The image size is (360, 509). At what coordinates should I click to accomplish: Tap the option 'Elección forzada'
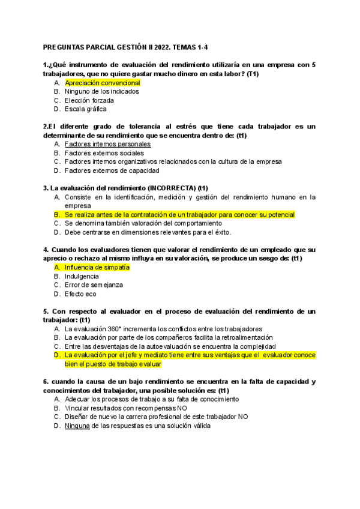tap(89, 100)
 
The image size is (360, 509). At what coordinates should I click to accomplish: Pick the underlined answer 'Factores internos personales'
tap(107, 145)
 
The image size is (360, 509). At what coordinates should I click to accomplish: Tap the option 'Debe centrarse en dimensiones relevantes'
tap(147, 232)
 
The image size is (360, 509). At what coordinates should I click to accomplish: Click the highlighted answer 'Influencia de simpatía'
tap(97, 267)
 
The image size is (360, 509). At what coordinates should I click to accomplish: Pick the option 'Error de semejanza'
tap(92, 285)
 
